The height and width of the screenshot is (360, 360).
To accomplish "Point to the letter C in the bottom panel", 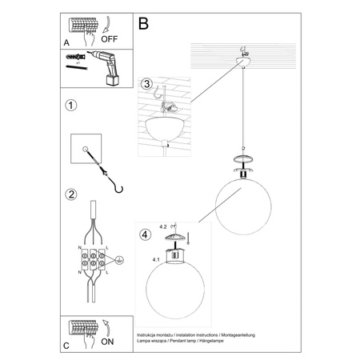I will [66, 346].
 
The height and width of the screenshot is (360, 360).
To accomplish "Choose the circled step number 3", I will [146, 84].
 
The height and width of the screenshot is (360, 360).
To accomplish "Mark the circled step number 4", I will [145, 235].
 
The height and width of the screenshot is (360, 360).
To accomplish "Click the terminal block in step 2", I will [94, 261].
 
